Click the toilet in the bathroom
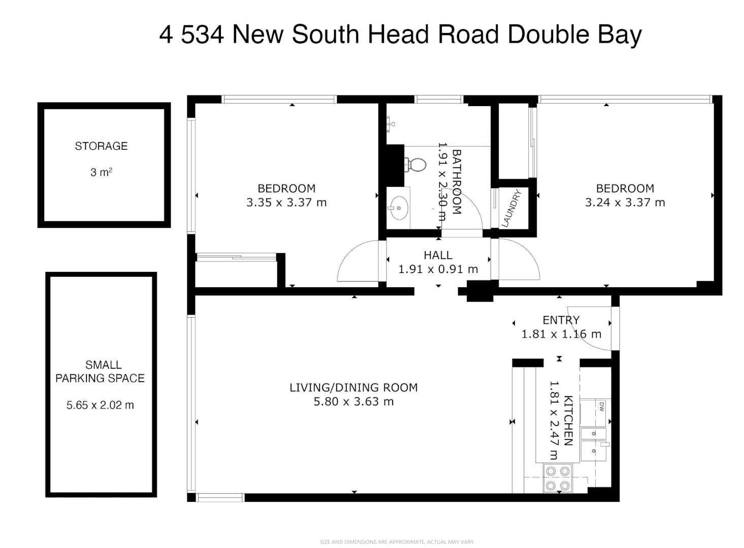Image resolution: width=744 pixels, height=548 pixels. [415, 164]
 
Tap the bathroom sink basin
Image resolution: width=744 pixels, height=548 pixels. [399, 208]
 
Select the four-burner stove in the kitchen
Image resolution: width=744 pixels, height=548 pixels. [558, 478]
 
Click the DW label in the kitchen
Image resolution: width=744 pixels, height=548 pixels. [601, 406]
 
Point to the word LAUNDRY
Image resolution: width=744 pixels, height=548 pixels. [512, 208]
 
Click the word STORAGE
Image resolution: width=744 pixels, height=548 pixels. [101, 146]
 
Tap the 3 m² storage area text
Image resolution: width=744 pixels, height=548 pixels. [101, 173]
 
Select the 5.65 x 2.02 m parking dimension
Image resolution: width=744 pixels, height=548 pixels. [101, 405]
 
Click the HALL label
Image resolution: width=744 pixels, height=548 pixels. [438, 255]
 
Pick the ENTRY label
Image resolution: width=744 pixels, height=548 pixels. [561, 320]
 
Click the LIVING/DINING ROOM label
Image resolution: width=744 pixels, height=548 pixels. [354, 387]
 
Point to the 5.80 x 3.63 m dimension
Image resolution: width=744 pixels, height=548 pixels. [354, 402]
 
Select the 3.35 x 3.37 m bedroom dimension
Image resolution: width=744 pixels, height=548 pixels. [286, 202]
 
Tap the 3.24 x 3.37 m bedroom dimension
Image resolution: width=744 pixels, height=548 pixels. [625, 202]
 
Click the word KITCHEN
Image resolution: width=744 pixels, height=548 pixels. [568, 421]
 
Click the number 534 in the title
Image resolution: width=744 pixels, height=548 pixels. [202, 34]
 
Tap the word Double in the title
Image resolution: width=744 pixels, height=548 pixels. [548, 34]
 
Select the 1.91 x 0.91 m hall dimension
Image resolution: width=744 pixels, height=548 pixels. [438, 269]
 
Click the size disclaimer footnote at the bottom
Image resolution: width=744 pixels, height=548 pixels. [397, 542]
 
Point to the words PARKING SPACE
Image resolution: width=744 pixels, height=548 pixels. [100, 378]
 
